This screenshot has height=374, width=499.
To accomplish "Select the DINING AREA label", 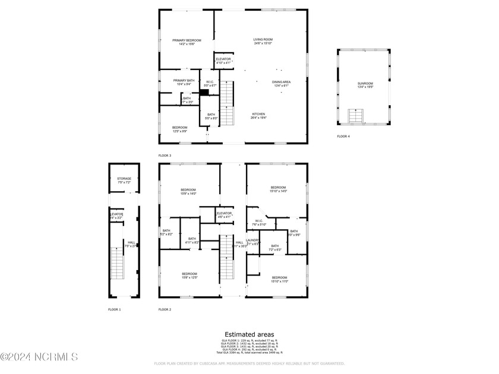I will coord(281,83).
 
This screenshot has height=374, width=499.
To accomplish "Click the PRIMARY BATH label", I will coord(184,82).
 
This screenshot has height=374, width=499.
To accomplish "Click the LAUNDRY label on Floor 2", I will coord(253,241).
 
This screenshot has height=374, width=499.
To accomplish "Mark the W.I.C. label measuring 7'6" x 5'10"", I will coord(258,223).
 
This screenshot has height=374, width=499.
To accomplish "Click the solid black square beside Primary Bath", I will coord(204,93).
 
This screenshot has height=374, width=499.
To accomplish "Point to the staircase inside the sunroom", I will coord(355,116).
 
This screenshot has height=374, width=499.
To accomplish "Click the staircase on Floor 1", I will coord(117,264).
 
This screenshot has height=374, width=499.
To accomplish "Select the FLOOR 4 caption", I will coord(343,137).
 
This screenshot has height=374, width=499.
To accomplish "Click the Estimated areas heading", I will coord(249,334).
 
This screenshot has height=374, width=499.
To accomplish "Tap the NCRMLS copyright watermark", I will coord(39,357).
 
